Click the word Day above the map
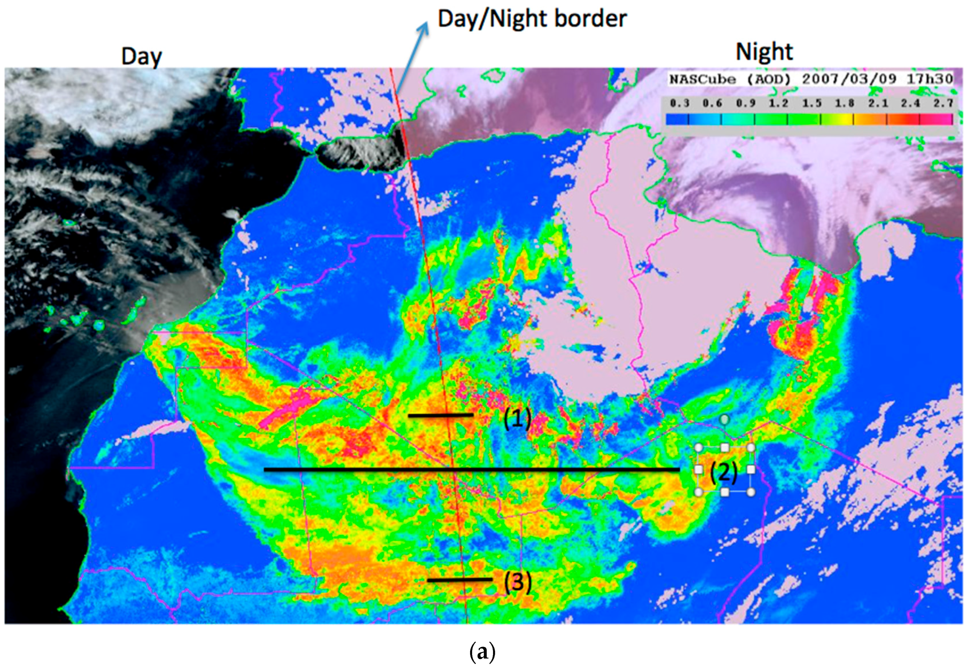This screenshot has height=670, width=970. coord(141,56)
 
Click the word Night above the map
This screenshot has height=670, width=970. coord(764,52)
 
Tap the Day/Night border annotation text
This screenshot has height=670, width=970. coord(532,19)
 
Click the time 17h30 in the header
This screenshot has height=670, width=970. coord(930,79)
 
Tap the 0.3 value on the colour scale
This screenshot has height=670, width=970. coord(679,103)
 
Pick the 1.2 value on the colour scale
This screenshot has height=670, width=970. coord(778,103)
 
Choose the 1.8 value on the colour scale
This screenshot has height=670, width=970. coord(844,103)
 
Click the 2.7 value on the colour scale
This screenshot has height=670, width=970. coord(943,103)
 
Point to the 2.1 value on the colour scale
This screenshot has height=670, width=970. coord(877,103)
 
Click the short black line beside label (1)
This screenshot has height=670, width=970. coord(440,415)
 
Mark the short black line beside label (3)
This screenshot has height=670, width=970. coord(460,580)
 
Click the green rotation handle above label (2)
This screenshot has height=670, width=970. coord(724,419)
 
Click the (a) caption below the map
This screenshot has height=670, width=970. coord(483,652)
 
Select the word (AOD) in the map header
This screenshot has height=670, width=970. coord(769,79)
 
